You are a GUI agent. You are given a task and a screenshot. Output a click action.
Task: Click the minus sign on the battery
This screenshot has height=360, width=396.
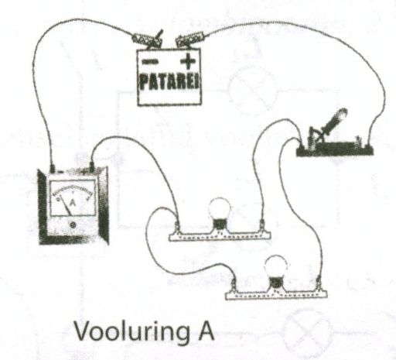[149, 62]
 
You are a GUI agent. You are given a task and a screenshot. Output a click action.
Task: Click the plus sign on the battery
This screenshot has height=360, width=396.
[188, 61]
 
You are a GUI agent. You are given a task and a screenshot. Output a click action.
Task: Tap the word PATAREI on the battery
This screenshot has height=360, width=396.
[169, 82]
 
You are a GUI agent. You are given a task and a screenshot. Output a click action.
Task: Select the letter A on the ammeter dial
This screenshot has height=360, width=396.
[73, 203]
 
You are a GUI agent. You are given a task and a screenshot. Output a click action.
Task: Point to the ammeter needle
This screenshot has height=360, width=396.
[66, 205]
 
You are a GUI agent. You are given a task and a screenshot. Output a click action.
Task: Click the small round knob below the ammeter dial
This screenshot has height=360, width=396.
[73, 225]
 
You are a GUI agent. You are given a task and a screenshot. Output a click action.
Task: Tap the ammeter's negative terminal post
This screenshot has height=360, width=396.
[53, 168]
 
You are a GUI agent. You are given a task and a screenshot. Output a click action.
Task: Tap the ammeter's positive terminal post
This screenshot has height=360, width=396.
[91, 166]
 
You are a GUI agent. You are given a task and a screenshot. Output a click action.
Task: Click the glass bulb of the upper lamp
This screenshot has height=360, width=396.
[220, 207]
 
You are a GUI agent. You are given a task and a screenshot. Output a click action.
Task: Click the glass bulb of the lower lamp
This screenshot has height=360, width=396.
[276, 266]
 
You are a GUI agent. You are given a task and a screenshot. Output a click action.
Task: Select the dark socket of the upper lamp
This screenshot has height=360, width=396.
[220, 224]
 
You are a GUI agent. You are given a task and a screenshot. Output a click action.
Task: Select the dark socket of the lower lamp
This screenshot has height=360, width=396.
[276, 283]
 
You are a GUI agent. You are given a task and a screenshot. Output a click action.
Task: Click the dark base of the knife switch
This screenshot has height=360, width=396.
[335, 149]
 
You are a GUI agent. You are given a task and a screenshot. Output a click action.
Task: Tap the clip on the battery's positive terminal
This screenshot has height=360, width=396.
[190, 39]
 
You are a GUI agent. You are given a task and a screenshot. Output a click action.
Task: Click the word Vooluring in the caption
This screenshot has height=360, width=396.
[132, 331]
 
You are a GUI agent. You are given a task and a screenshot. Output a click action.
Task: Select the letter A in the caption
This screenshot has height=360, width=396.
[206, 331]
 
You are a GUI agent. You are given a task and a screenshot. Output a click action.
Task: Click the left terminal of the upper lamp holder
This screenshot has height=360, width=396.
[178, 226]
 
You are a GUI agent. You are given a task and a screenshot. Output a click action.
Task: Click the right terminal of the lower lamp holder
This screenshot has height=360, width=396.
[319, 284]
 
